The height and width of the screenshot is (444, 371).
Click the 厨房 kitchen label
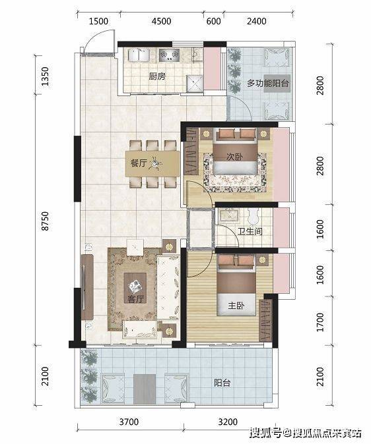tap(157, 76)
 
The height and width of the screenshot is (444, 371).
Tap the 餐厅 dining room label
tap(138, 163)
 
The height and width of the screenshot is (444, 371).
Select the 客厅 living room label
tap(135, 298)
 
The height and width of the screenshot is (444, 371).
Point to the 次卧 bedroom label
tap(234, 157)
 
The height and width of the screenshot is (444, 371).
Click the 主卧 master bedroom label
tap(236, 306)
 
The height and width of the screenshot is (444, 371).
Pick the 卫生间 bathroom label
tap(250, 231)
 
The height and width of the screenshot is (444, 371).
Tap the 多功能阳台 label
tap(267, 83)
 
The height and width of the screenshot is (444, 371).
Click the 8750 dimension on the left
tap(45, 221)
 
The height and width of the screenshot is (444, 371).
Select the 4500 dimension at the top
tap(161, 21)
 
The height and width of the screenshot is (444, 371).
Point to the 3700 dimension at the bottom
tap(129, 422)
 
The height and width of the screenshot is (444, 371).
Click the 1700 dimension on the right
tap(320, 322)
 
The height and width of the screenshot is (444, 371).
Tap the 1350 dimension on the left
tap(45, 76)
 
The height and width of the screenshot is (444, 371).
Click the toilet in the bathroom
tap(253, 216)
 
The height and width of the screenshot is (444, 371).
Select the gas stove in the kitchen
tap(170, 55)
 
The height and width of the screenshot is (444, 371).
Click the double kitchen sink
tap(139, 55)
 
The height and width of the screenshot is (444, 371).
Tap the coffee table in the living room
tap(135, 287)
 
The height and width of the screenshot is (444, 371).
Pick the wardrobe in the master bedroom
tap(265, 320)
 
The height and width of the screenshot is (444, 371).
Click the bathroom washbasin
tap(229, 215)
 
